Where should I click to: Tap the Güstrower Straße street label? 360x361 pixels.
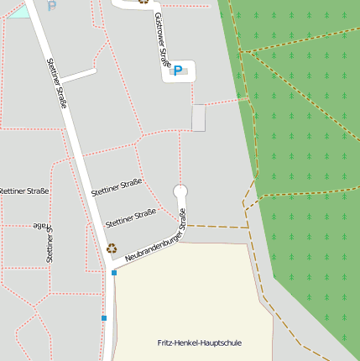click(x=162, y=41)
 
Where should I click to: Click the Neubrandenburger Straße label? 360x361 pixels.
click(x=155, y=243)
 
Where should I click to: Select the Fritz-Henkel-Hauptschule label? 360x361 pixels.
click(x=200, y=343)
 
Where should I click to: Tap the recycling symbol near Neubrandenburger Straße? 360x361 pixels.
click(x=111, y=248)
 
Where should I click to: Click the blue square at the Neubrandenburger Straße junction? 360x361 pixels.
click(x=114, y=273)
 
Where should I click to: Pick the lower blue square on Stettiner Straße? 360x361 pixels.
click(x=104, y=318)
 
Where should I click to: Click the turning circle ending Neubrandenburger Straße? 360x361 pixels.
click(x=180, y=191)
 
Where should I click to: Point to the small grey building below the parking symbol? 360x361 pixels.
click(x=198, y=118)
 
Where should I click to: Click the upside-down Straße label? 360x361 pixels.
click(x=39, y=227)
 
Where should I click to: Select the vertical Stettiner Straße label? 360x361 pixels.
click(x=50, y=244)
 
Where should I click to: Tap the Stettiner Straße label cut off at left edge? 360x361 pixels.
click(x=23, y=191)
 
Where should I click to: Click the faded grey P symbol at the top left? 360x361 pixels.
click(x=52, y=5)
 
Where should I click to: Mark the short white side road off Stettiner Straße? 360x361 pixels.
click(x=78, y=75)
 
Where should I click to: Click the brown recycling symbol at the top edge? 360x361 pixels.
click(x=143, y=2)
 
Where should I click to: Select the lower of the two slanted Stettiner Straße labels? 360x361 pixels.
click(x=131, y=217)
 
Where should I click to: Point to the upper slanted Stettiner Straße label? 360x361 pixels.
click(x=117, y=188)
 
